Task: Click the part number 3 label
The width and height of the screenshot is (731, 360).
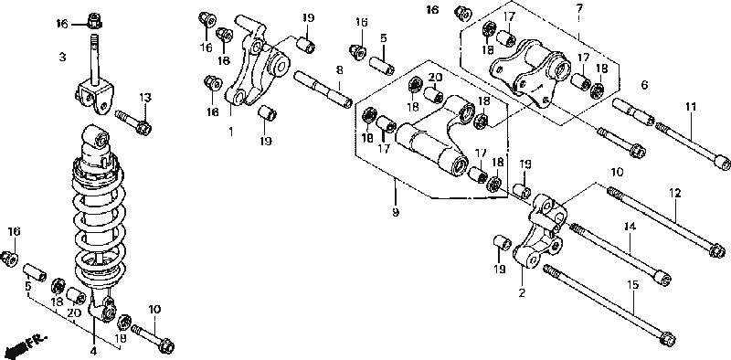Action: (62, 58)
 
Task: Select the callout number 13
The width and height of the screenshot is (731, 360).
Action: (145, 98)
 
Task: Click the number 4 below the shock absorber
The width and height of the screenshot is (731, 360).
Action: (94, 351)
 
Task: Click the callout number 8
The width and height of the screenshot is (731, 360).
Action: (339, 70)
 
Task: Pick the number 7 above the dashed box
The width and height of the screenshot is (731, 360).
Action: (578, 8)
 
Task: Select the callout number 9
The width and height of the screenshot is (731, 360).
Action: (396, 213)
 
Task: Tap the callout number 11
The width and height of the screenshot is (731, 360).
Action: (691, 107)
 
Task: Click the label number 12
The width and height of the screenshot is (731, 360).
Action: (675, 193)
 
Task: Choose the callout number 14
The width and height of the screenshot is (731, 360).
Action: (630, 227)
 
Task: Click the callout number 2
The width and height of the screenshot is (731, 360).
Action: (522, 293)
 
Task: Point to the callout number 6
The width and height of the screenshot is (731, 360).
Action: (644, 85)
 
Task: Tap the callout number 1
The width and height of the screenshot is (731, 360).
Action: (230, 132)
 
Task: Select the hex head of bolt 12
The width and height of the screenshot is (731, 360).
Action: (716, 251)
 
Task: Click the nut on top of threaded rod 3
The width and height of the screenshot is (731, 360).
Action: (95, 20)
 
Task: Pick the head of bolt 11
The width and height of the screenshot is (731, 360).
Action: (722, 164)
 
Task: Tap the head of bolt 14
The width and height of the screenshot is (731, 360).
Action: (662, 278)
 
